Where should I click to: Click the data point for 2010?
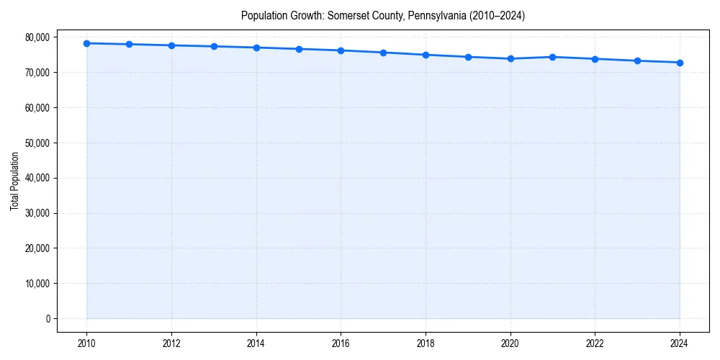pyautogui.click(x=86, y=43)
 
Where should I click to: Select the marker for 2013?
pyautogui.click(x=214, y=46)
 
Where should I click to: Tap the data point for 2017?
pyautogui.click(x=383, y=53)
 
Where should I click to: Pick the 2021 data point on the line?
pyautogui.click(x=552, y=57)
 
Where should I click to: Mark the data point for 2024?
pyautogui.click(x=680, y=63)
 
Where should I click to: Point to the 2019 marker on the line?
pyautogui.click(x=468, y=57)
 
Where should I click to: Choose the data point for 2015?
pyautogui.click(x=299, y=49)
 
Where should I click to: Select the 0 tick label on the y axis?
pyautogui.click(x=48, y=319)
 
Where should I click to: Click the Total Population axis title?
pyautogui.click(x=14, y=181)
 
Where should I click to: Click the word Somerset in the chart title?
pyautogui.click(x=348, y=15)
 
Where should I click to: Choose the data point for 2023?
pyautogui.click(x=637, y=60)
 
